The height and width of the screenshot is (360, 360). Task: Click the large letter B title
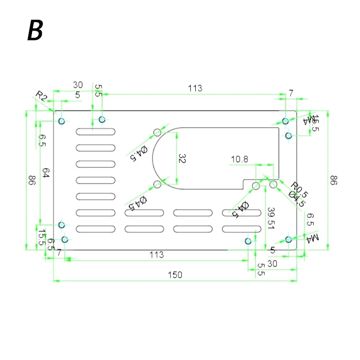pos(35,30)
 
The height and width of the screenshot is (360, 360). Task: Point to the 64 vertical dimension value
pos(45,173)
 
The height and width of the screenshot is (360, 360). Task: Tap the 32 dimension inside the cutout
pos(182,159)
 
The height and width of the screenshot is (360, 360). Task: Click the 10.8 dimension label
pos(239,159)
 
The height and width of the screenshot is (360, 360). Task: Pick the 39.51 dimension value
pos(270,218)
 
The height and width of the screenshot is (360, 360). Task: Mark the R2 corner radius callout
pos(41,96)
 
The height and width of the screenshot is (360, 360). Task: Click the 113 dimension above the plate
pos(195,88)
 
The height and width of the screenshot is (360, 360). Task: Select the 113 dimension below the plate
pos(156,255)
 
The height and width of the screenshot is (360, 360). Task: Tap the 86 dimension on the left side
pos(31,180)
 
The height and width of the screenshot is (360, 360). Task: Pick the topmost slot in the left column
pos(95,131)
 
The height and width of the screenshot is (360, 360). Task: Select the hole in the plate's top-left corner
pos(62,121)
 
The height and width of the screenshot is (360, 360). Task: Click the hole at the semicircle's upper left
pos(157,132)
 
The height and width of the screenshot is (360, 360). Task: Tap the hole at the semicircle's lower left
pos(157,184)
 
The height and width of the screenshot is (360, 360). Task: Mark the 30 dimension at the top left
pos(78,85)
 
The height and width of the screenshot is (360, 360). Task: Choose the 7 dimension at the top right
pos(291,93)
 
